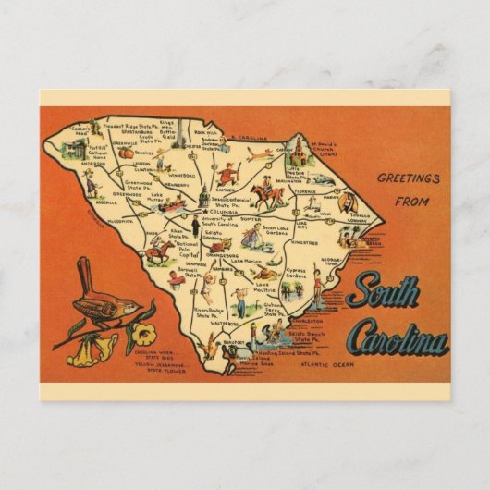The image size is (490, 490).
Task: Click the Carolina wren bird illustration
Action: (x=103, y=300)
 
